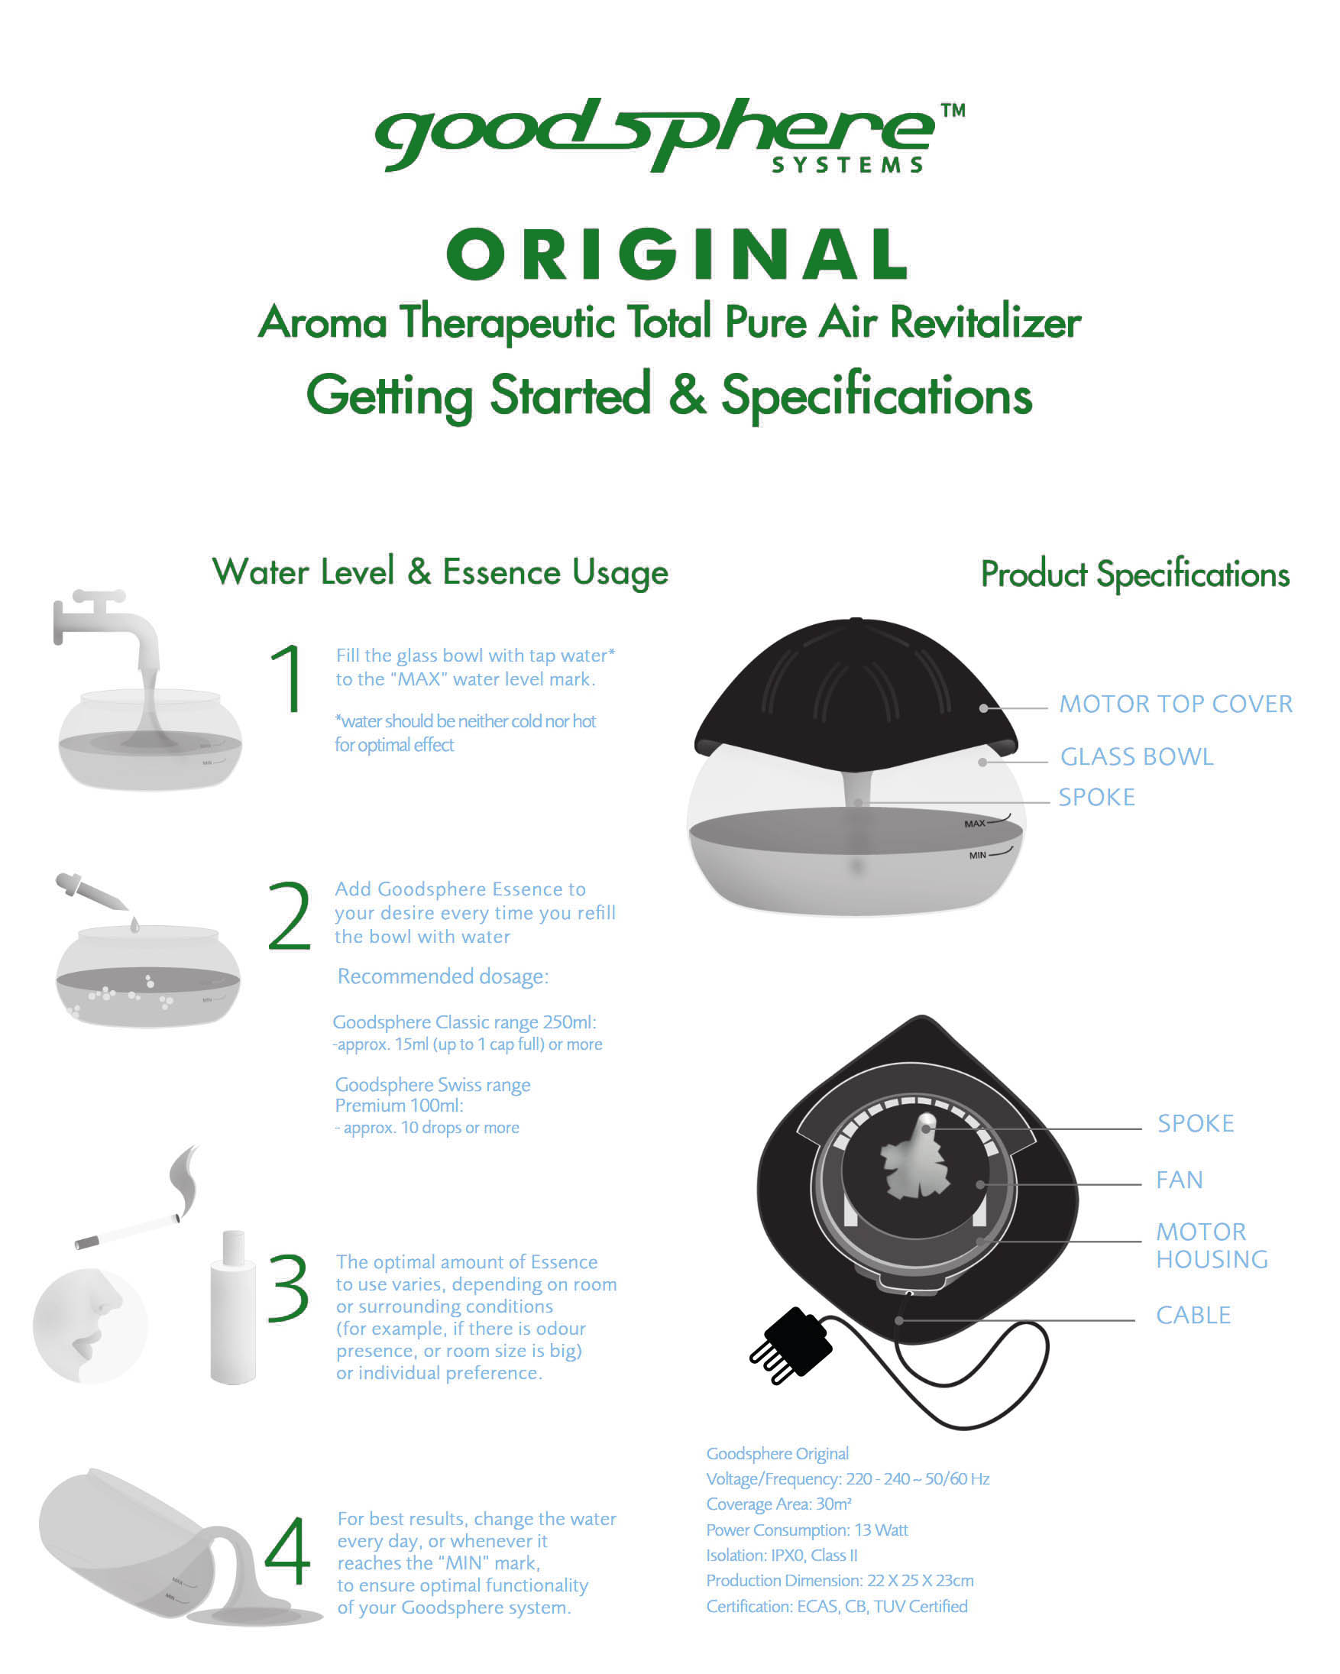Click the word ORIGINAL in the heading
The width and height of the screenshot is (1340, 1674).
tap(677, 254)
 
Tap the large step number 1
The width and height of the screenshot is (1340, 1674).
tap(287, 678)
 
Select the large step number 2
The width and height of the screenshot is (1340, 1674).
tap(289, 915)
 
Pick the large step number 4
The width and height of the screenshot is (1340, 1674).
tap(287, 1550)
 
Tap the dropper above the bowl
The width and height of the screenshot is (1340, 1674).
tap(92, 892)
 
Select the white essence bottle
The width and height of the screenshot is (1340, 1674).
tap(233, 1307)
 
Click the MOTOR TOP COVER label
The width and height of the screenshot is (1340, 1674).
tap(1177, 704)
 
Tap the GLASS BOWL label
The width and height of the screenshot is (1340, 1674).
tap(1137, 757)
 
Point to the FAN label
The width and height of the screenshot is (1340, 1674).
tap(1180, 1180)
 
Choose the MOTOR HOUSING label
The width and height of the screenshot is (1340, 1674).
tap(1211, 1245)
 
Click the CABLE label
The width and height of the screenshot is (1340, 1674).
tap(1193, 1316)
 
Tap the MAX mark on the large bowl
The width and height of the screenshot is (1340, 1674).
tap(974, 824)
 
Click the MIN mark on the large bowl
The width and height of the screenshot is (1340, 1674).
tap(977, 856)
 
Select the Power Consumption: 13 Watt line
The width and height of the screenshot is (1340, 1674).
tap(807, 1530)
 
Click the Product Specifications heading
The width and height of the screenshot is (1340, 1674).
tap(1135, 575)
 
